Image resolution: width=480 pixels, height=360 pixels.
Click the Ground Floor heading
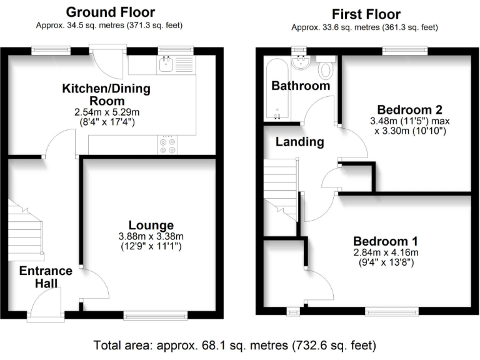tap(110, 12)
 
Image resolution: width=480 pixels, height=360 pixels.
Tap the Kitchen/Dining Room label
tap(106, 94)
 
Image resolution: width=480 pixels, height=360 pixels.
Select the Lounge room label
tap(151, 224)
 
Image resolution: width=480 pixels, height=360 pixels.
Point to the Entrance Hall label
tap(46, 277)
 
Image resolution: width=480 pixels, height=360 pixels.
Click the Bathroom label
tap(300, 86)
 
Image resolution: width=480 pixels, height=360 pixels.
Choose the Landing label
tap(300, 142)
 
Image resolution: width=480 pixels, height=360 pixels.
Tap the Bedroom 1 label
tap(386, 241)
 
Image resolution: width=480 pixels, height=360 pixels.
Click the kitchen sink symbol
tap(167, 63)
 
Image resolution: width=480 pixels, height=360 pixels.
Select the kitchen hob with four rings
tap(167, 146)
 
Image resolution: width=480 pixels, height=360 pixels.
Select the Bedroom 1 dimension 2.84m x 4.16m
tap(386, 252)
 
